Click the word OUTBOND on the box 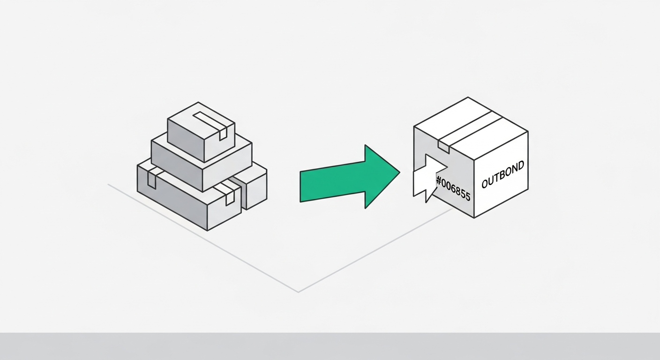(502, 175)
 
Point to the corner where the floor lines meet (298, 292)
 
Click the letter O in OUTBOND (485, 183)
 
